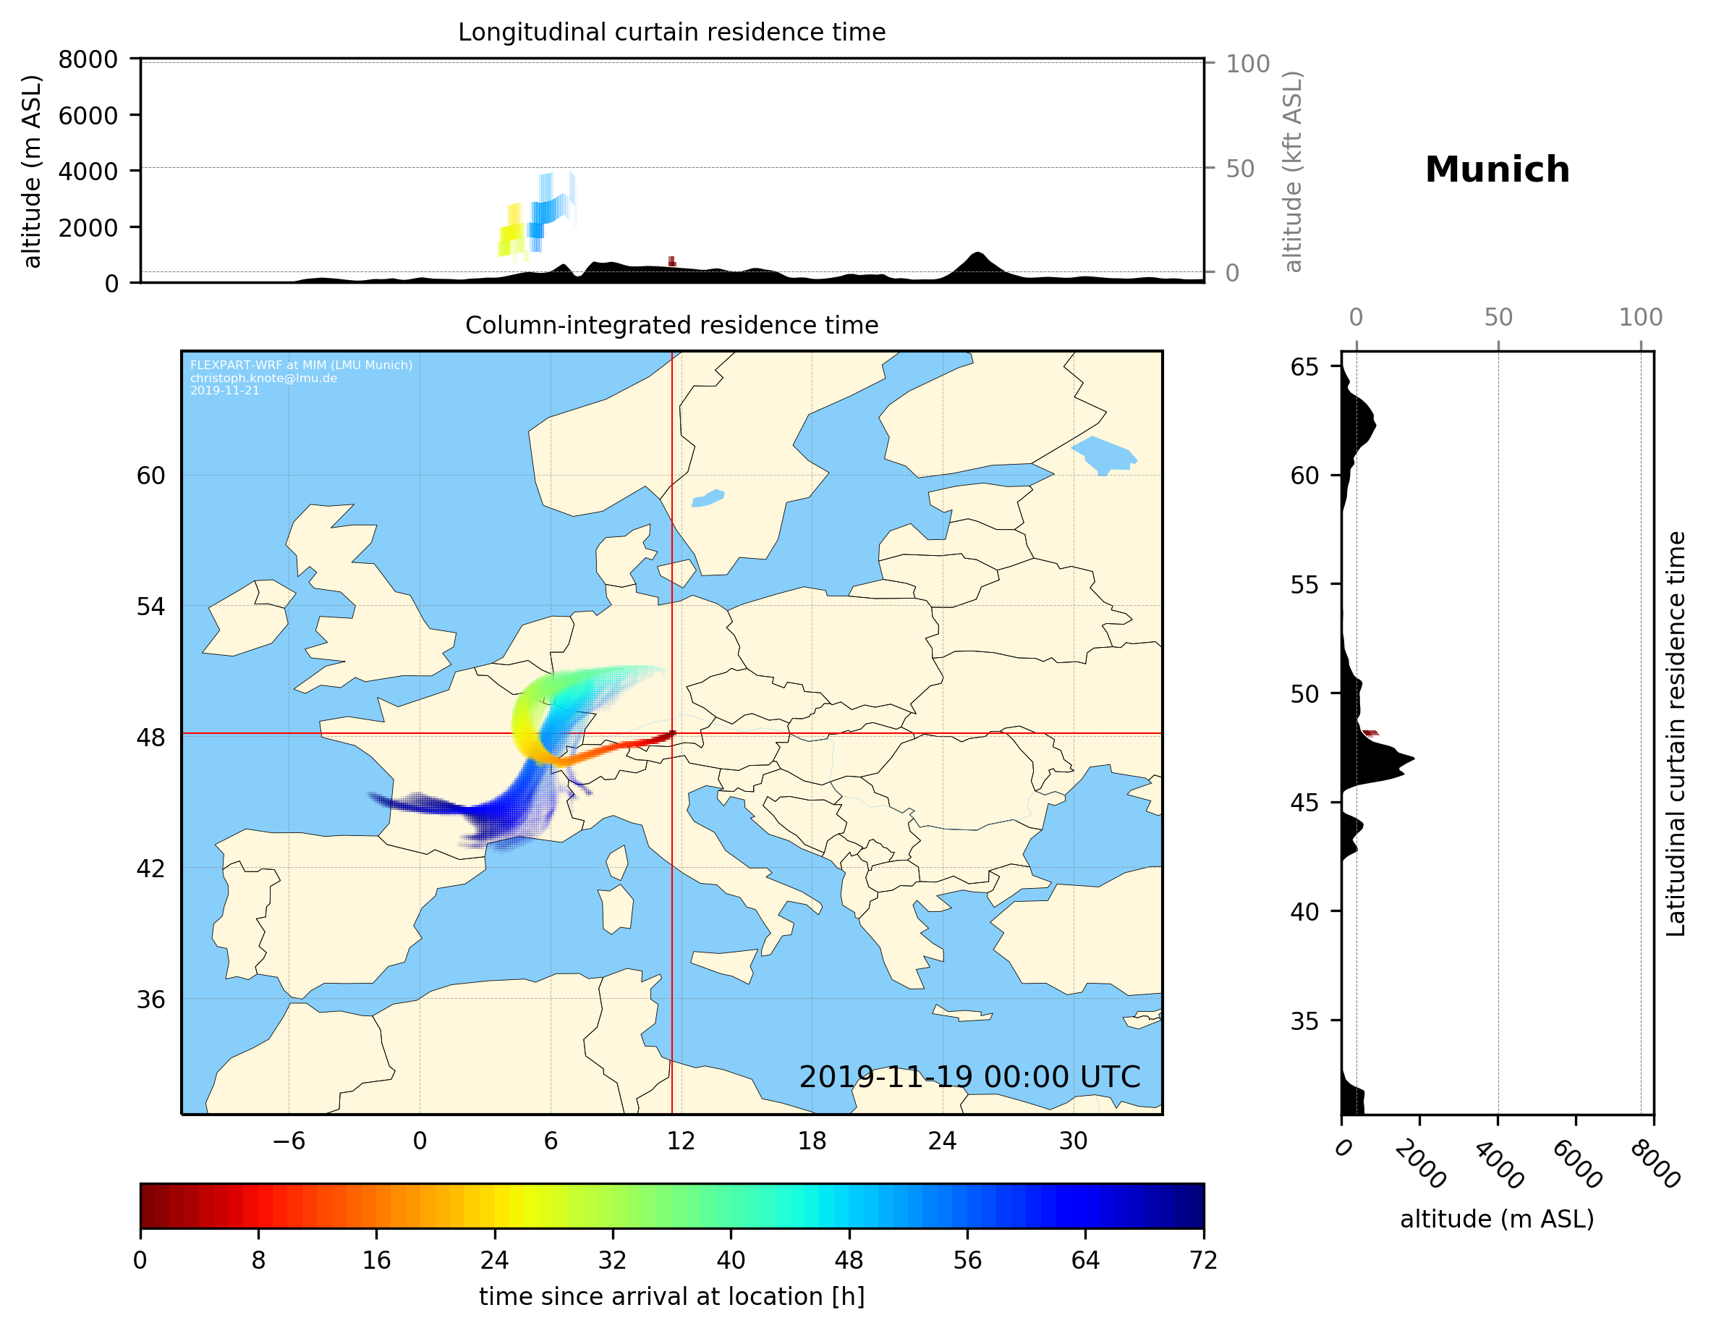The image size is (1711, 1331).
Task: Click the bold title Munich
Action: point(1496,170)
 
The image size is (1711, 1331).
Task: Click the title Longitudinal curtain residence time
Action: point(671,32)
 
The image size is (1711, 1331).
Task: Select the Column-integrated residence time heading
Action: point(671,325)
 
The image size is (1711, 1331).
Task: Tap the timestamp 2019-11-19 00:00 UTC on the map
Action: point(969,1077)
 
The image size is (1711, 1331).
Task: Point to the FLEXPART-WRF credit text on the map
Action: point(301,366)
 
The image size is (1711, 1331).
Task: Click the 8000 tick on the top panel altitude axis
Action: point(88,59)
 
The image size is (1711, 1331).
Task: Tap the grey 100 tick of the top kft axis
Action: point(1247,64)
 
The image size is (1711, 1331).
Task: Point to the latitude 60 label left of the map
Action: point(150,476)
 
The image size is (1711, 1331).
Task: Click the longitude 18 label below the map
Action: point(812,1141)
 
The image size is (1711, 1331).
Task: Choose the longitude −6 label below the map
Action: point(288,1141)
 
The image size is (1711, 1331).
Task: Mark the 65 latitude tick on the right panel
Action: point(1304,367)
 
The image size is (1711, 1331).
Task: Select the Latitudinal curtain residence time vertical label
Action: point(1675,733)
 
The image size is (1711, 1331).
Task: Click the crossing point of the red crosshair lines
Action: point(672,734)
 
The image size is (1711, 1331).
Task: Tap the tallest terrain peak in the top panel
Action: point(976,254)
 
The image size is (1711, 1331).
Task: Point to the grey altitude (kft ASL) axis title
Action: point(1293,172)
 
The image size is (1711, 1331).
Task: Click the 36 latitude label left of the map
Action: point(150,1000)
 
